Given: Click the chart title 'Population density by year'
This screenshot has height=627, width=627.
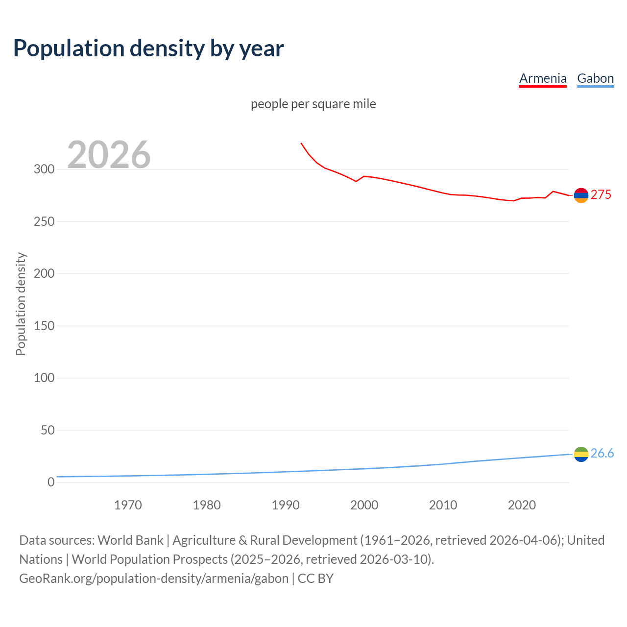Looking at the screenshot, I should (148, 48).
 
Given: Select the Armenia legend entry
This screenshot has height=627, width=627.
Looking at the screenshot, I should (543, 78).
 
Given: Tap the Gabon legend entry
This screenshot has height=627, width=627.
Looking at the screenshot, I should (595, 78).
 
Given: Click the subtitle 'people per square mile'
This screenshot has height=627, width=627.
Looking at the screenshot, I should (313, 104).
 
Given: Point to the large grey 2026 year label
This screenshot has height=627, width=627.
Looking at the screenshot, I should (109, 155).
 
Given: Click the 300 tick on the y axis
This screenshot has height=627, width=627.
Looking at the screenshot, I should (44, 169).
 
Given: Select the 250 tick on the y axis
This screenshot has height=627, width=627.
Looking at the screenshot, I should (44, 221).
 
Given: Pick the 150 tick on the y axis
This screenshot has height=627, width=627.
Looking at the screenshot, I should (44, 326).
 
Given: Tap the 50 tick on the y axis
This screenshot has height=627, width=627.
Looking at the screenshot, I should (48, 430).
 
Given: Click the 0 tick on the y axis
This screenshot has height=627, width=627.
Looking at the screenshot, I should (51, 482).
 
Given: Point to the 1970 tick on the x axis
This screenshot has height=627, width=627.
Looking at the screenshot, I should (128, 505).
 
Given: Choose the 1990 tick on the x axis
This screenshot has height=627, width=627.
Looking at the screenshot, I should (286, 505).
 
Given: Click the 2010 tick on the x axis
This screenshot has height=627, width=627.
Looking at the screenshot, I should (443, 505).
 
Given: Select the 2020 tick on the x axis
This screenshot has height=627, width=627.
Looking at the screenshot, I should (522, 505).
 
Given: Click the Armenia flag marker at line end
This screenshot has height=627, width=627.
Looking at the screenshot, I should (581, 195).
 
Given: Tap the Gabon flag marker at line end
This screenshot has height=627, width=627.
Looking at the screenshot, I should (581, 454).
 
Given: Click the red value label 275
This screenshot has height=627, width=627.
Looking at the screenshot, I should (601, 195).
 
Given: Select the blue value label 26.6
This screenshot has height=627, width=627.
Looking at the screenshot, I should (602, 454).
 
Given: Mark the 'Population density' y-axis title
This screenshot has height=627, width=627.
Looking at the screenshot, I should (21, 304).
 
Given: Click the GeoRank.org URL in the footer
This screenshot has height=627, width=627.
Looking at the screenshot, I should (154, 579).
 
